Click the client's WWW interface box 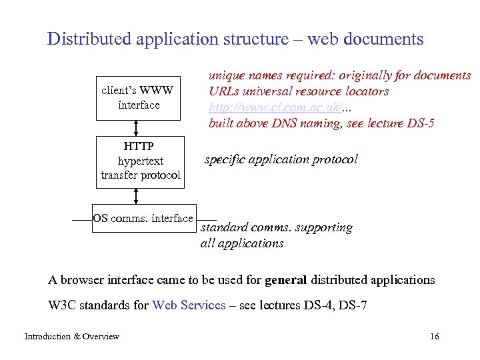138,97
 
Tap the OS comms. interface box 143,219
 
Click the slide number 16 435,336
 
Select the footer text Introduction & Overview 71,336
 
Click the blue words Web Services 189,305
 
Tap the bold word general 285,279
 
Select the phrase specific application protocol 281,159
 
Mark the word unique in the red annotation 227,75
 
